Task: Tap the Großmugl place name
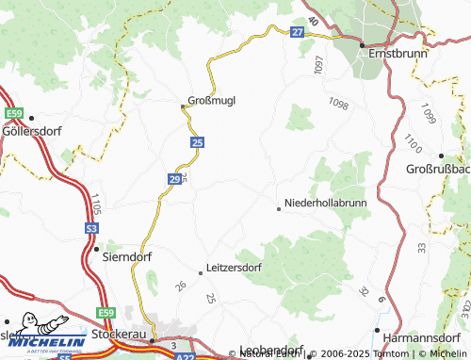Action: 210,99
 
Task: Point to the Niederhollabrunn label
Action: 326,203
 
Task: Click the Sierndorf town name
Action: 124,252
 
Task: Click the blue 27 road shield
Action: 297,32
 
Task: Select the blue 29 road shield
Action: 176,177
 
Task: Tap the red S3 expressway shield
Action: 91,229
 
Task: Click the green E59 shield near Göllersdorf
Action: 12,114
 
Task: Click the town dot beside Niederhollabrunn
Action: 278,209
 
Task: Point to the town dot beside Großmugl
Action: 183,106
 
